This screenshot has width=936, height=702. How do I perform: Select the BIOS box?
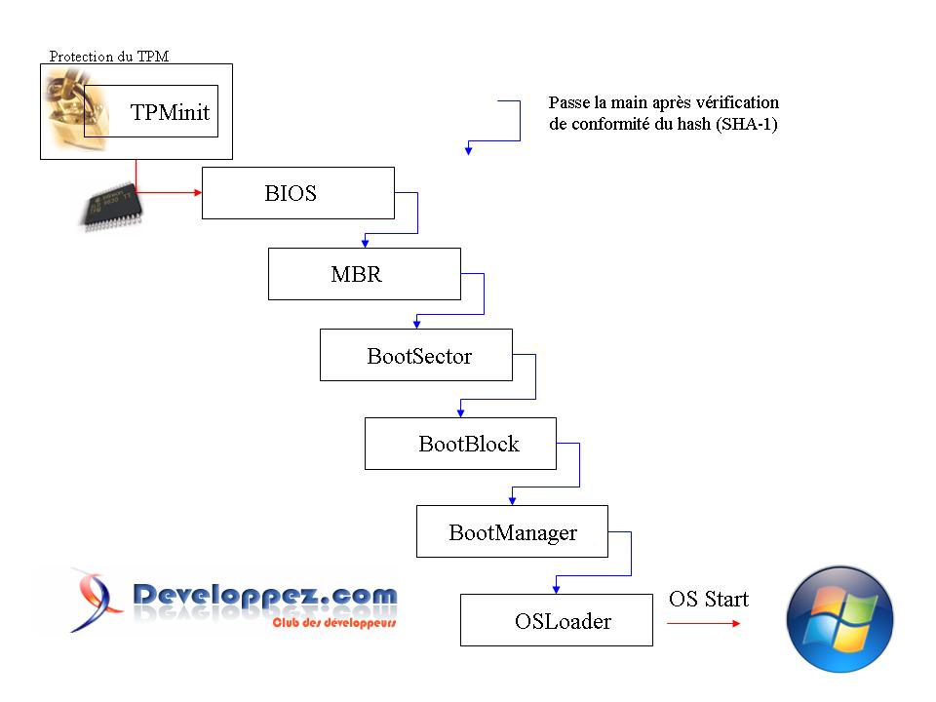click(x=297, y=193)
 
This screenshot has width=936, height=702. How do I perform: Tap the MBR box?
click(x=364, y=274)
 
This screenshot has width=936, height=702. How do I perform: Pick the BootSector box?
click(x=416, y=355)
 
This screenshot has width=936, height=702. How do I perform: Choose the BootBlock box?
click(x=460, y=444)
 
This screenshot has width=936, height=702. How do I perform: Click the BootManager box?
click(x=512, y=531)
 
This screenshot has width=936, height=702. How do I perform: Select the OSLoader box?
click(x=556, y=620)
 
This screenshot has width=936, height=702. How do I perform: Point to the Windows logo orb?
click(x=839, y=619)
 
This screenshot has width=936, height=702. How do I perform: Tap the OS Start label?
click(x=708, y=599)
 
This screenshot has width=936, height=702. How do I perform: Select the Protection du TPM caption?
click(x=108, y=57)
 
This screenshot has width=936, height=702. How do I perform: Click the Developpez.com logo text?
click(x=264, y=595)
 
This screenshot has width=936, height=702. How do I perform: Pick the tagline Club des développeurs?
click(x=333, y=622)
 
